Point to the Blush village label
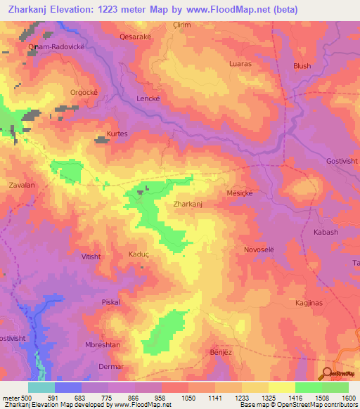[302, 66]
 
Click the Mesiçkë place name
[239, 192]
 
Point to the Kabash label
[326, 232]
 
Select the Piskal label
[111, 302]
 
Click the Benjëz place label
[221, 351]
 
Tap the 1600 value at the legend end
[349, 398]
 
